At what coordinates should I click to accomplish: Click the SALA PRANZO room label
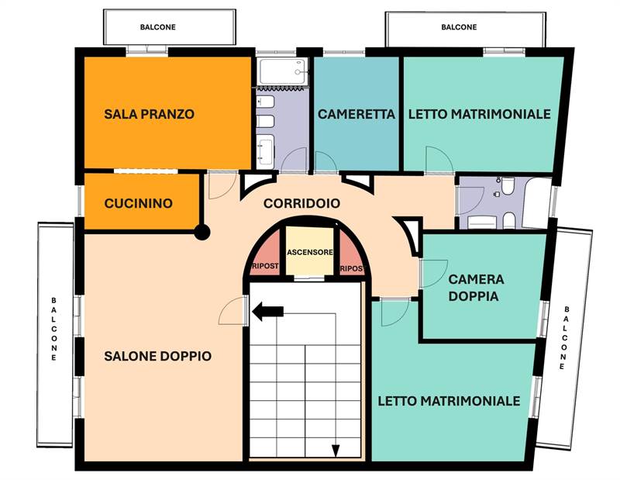click(x=149, y=114)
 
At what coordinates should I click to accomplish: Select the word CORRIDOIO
click(x=301, y=204)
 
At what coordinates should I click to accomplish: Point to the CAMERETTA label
click(x=356, y=114)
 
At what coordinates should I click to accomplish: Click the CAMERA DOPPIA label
click(x=476, y=287)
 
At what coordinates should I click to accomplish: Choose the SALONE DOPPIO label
click(x=157, y=356)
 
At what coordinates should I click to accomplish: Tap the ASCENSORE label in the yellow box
click(x=310, y=253)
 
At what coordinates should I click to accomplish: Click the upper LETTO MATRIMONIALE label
click(x=479, y=114)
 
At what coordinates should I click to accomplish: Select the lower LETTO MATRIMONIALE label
click(x=449, y=401)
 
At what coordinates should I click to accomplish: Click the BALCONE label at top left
click(x=158, y=27)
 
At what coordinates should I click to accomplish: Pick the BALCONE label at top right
click(x=459, y=27)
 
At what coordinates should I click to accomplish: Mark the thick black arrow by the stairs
click(x=268, y=312)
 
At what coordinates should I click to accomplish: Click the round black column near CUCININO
click(x=202, y=231)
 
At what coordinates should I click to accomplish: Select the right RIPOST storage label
click(x=351, y=268)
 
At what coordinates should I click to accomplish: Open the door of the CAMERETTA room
click(x=325, y=162)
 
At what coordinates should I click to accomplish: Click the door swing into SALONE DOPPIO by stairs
click(x=232, y=312)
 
